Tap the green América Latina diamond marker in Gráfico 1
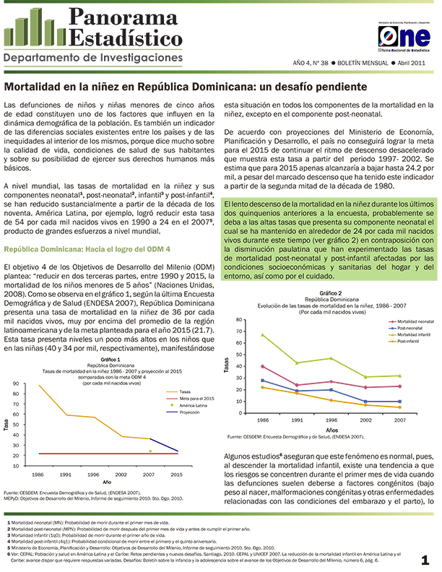150,451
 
